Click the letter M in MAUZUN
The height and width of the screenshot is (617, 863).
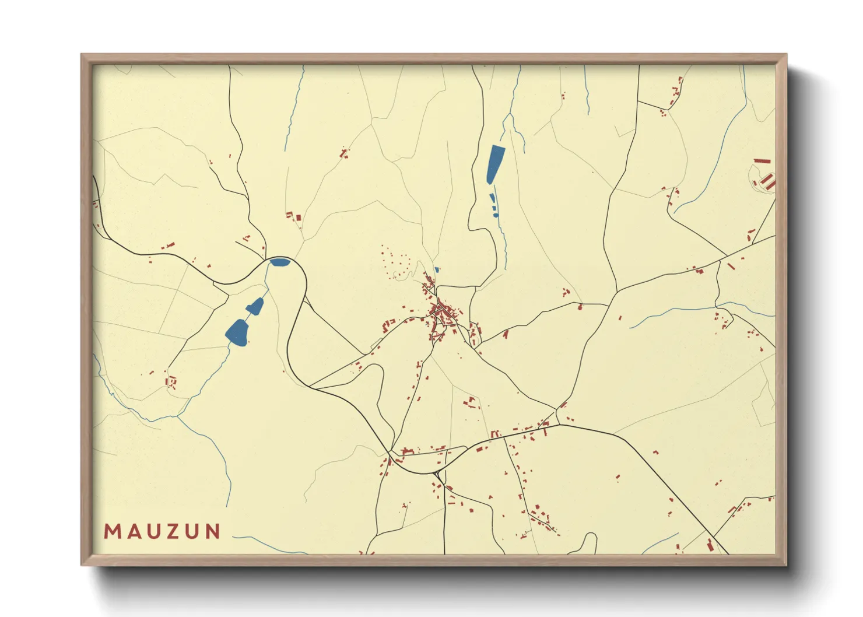coord(112,532)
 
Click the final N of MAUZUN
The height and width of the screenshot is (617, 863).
coord(213,532)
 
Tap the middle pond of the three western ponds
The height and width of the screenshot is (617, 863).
coord(256,305)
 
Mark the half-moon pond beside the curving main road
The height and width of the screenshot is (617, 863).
coord(279,262)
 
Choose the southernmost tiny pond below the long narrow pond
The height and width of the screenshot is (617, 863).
coord(496,215)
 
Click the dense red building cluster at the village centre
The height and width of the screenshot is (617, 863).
coord(442,315)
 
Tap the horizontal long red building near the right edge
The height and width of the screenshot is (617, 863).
coord(762,161)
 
